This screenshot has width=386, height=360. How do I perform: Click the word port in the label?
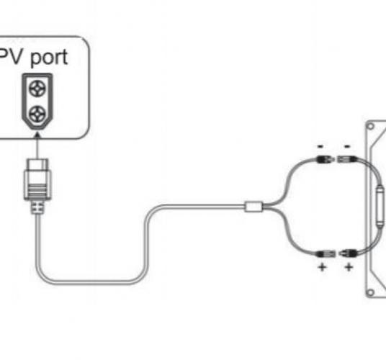(49, 58)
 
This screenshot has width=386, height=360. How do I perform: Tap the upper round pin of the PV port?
(37, 88)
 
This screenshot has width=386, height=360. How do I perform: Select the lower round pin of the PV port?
(37, 114)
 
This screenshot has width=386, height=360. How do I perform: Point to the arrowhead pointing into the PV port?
(37, 135)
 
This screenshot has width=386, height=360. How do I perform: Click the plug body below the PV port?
(37, 179)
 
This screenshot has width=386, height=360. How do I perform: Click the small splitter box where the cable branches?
(253, 207)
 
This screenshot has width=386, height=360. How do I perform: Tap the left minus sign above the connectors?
(320, 147)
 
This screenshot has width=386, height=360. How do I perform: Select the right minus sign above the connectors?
(347, 147)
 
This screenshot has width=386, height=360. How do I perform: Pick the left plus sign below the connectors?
(322, 267)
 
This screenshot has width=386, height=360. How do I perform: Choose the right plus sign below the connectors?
(349, 267)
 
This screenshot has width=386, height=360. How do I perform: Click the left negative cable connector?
(325, 159)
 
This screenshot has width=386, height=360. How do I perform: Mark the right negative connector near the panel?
(346, 159)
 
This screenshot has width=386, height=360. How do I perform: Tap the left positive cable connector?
(326, 253)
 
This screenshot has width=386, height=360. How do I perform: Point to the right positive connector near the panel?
(348, 253)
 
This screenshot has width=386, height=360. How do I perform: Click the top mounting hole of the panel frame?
(370, 127)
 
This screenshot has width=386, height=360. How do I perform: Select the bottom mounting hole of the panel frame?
(370, 292)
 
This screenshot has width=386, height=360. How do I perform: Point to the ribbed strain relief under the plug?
(37, 207)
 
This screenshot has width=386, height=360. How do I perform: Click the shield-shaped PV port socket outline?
(37, 102)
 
